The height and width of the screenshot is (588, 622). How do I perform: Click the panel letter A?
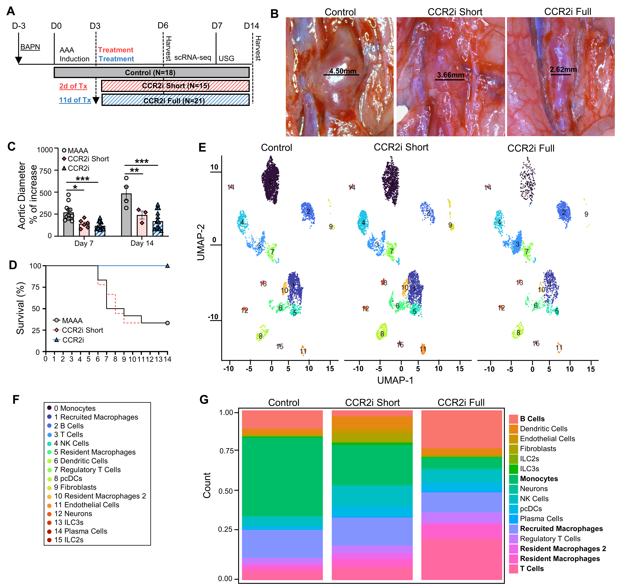11,11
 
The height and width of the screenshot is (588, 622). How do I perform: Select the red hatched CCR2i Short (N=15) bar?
175,86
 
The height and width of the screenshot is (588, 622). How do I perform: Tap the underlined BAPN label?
30,47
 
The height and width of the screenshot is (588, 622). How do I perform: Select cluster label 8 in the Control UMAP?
261,336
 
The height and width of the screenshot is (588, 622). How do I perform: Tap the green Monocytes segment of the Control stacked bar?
282,476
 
